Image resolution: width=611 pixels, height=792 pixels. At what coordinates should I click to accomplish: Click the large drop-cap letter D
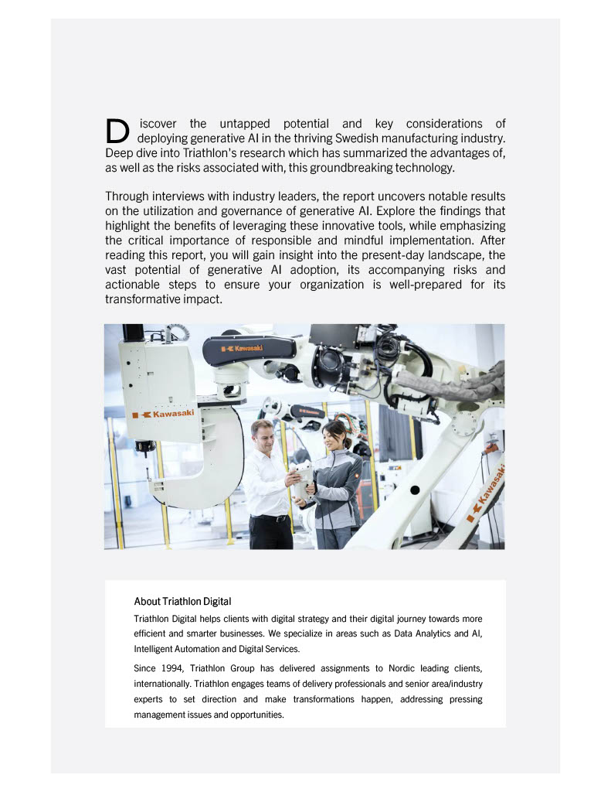point(117,131)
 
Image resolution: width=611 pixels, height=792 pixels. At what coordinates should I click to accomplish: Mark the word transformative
point(142,299)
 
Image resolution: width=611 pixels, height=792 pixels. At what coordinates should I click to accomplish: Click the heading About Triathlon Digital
point(182,601)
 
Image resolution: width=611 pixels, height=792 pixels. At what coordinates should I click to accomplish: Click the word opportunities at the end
point(258,715)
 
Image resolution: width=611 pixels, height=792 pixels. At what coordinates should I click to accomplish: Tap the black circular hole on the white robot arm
point(415,490)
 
